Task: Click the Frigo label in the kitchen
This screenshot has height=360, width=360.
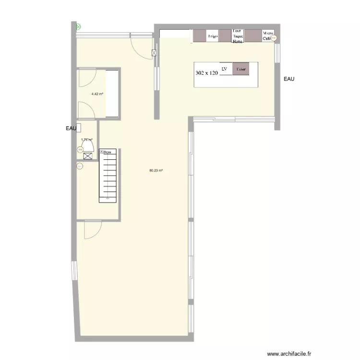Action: (x=213, y=36)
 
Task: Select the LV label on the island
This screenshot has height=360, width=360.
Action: (x=224, y=69)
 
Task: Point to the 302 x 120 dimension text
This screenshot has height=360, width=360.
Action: (x=207, y=73)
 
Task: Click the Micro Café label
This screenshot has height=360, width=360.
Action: (x=267, y=36)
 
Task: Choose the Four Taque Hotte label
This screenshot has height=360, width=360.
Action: (x=238, y=36)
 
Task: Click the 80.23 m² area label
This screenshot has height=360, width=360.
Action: (x=155, y=170)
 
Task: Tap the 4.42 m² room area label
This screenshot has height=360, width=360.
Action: (x=98, y=94)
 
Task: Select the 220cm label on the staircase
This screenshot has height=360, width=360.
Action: (x=105, y=152)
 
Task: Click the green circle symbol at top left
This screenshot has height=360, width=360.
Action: (x=78, y=27)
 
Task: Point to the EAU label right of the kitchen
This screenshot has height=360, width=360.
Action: (x=289, y=79)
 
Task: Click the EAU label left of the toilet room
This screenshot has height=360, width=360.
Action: (x=72, y=128)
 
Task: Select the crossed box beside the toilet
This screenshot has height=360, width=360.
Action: (x=88, y=156)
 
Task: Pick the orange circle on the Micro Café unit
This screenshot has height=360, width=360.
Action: (x=274, y=38)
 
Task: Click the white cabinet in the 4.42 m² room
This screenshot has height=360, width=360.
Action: (x=112, y=93)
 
